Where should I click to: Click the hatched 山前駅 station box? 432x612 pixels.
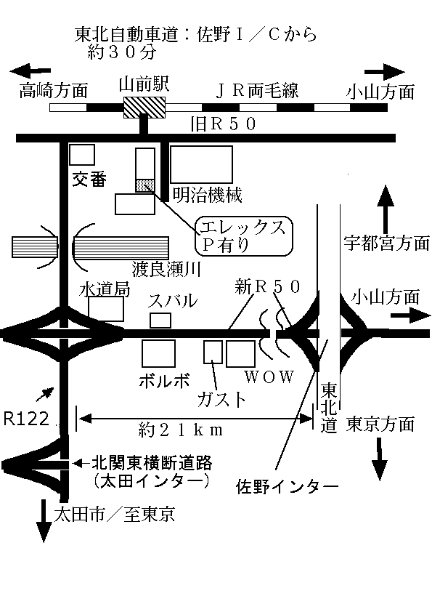144,108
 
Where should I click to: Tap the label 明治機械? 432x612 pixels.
207,194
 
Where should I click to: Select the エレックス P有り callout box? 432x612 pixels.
243,236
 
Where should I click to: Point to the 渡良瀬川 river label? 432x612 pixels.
166,269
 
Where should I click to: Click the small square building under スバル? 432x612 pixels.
160,321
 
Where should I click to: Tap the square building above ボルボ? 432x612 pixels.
158,354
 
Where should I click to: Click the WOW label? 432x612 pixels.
269,377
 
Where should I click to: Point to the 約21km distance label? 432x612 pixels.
181,430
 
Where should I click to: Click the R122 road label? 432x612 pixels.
27,419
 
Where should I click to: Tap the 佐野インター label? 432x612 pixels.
287,487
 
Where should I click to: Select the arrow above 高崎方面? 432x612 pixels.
30,71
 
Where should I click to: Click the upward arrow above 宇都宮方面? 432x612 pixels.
386,210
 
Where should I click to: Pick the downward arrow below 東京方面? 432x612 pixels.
380,459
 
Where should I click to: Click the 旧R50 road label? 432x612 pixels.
224,124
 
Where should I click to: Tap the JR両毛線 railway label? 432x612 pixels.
257,91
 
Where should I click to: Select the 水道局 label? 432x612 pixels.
104,289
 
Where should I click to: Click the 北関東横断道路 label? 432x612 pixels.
152,463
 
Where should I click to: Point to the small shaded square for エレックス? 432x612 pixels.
145,186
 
